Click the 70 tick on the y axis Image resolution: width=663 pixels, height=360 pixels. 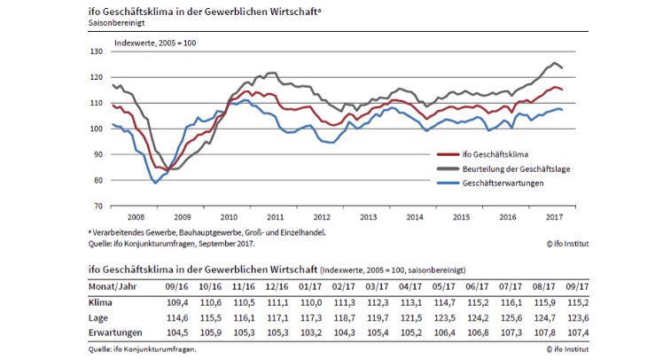click(97, 206)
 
